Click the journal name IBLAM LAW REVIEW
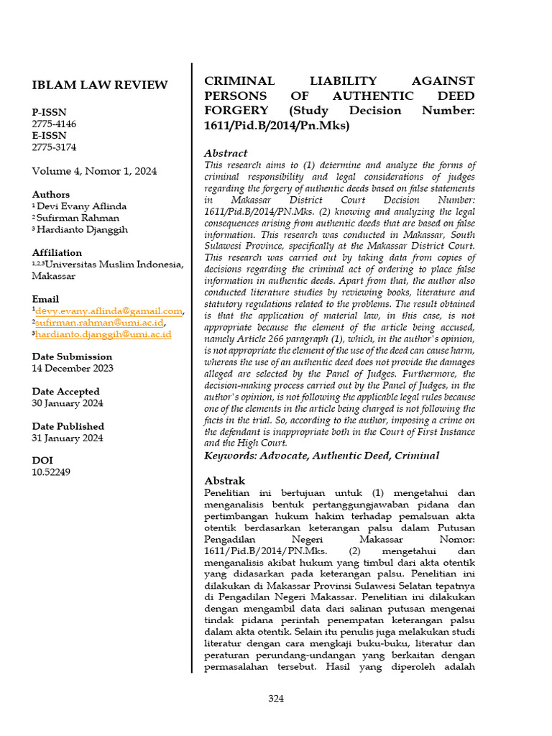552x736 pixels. tap(100, 85)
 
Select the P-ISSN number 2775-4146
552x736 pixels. tap(54, 124)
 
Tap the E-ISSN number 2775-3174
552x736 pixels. tap(54, 147)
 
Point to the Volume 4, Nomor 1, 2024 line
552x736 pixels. tap(94, 171)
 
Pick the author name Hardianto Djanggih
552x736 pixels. tap(83, 229)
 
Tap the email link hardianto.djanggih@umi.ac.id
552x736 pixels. tap(103, 334)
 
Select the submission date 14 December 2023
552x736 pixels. tap(72, 368)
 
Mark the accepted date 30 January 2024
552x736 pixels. tap(67, 403)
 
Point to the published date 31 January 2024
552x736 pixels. tap(68, 438)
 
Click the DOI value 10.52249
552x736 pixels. tap(51, 472)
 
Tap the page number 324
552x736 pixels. tap(276, 699)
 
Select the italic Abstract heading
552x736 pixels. tap(226, 153)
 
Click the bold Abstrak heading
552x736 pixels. tap(225, 480)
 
